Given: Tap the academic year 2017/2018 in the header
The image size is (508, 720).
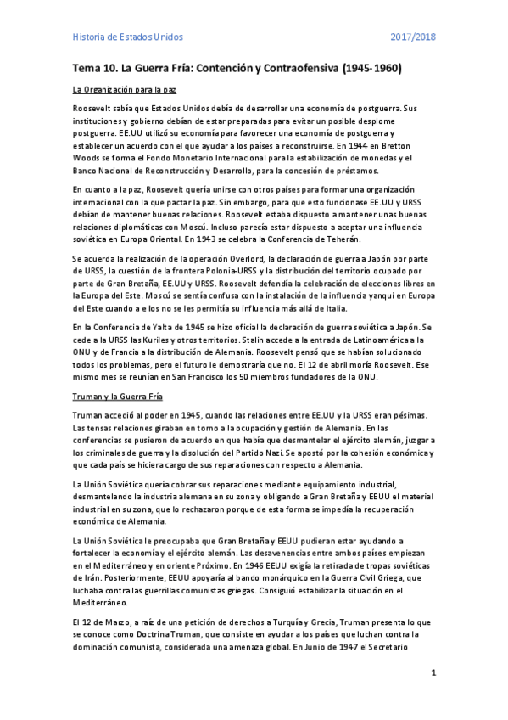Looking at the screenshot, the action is (412, 37).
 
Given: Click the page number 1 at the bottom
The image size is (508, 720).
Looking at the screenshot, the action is (433, 673).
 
